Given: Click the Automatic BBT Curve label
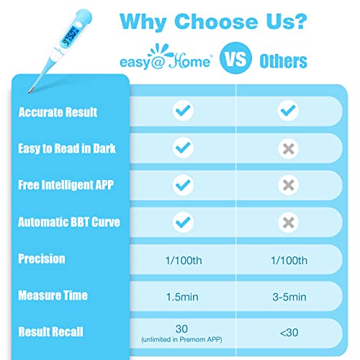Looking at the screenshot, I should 69,222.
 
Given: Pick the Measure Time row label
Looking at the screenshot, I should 54,295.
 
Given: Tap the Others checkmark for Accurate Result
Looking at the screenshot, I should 288,111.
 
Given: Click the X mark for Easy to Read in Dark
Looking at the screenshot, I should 288,148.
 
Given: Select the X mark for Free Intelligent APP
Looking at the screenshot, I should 288,185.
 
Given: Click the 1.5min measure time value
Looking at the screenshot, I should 184,295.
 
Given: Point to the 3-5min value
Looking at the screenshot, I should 288,295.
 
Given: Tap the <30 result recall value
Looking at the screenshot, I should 288,332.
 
